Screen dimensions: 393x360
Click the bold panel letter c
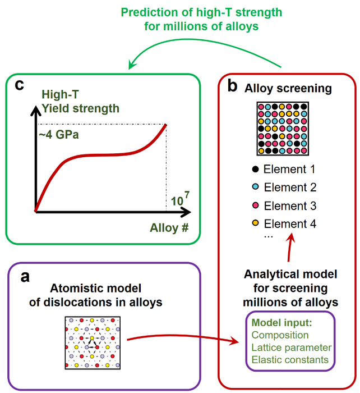coord(20,86)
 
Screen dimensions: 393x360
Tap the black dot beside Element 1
coord(256,169)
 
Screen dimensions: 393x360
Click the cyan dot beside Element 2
coord(256,187)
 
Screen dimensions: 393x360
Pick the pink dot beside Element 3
coord(256,205)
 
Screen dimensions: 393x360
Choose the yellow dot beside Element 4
coord(256,224)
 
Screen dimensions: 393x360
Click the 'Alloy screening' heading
coord(287,89)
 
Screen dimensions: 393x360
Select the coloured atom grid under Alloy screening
coord(283,129)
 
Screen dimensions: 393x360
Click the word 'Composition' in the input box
coord(279,335)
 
